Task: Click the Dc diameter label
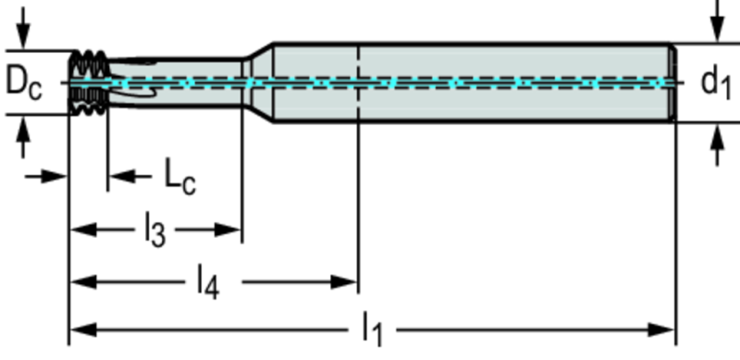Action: tap(24, 83)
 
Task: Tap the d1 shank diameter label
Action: tap(715, 83)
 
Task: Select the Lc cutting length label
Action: tap(179, 177)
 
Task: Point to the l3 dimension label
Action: tap(154, 230)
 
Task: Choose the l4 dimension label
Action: tap(207, 282)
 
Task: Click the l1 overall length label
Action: tap(373, 329)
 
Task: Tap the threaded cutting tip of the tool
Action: tap(89, 82)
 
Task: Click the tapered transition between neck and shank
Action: tap(258, 82)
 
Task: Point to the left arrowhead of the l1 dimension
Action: tap(83, 329)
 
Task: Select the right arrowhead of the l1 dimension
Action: tap(661, 329)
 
